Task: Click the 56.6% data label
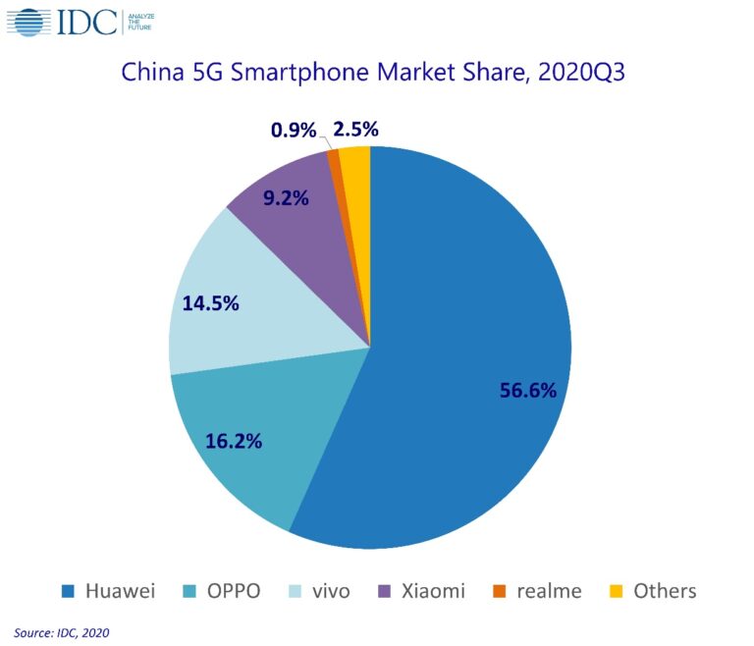click(528, 390)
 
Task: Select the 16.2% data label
click(234, 441)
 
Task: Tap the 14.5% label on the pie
click(210, 303)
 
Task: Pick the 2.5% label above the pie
click(355, 129)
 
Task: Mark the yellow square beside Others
click(617, 591)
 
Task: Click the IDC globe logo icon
click(29, 22)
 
